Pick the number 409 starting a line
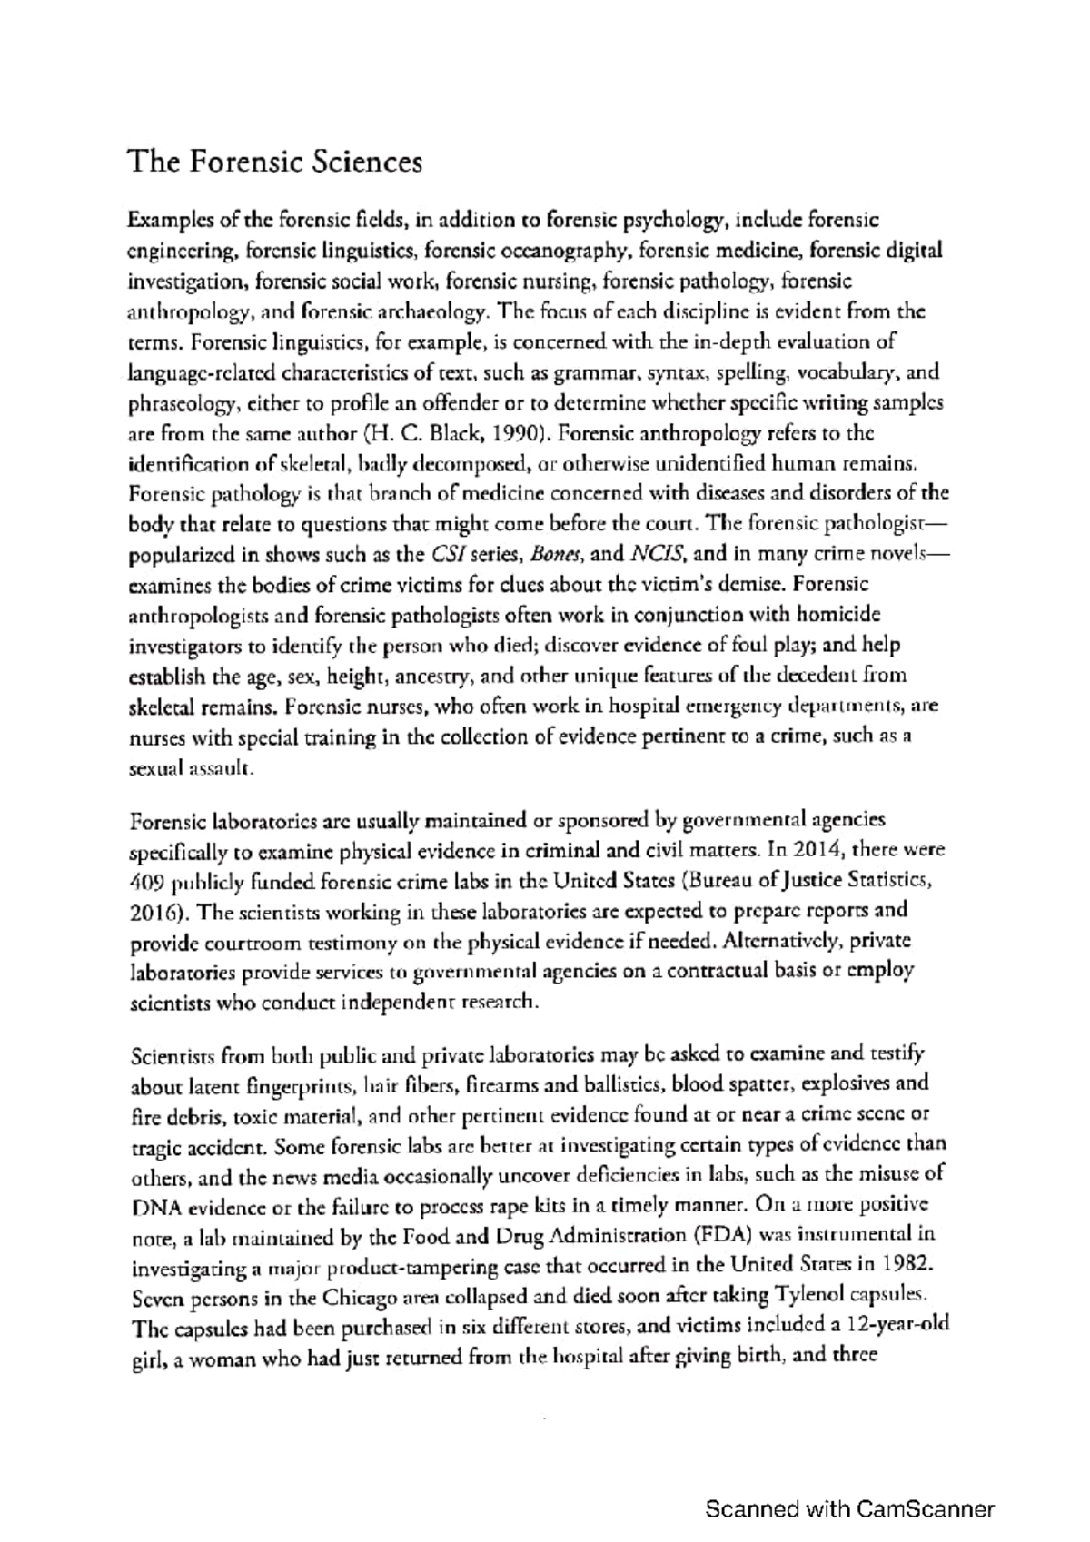click(x=147, y=880)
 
